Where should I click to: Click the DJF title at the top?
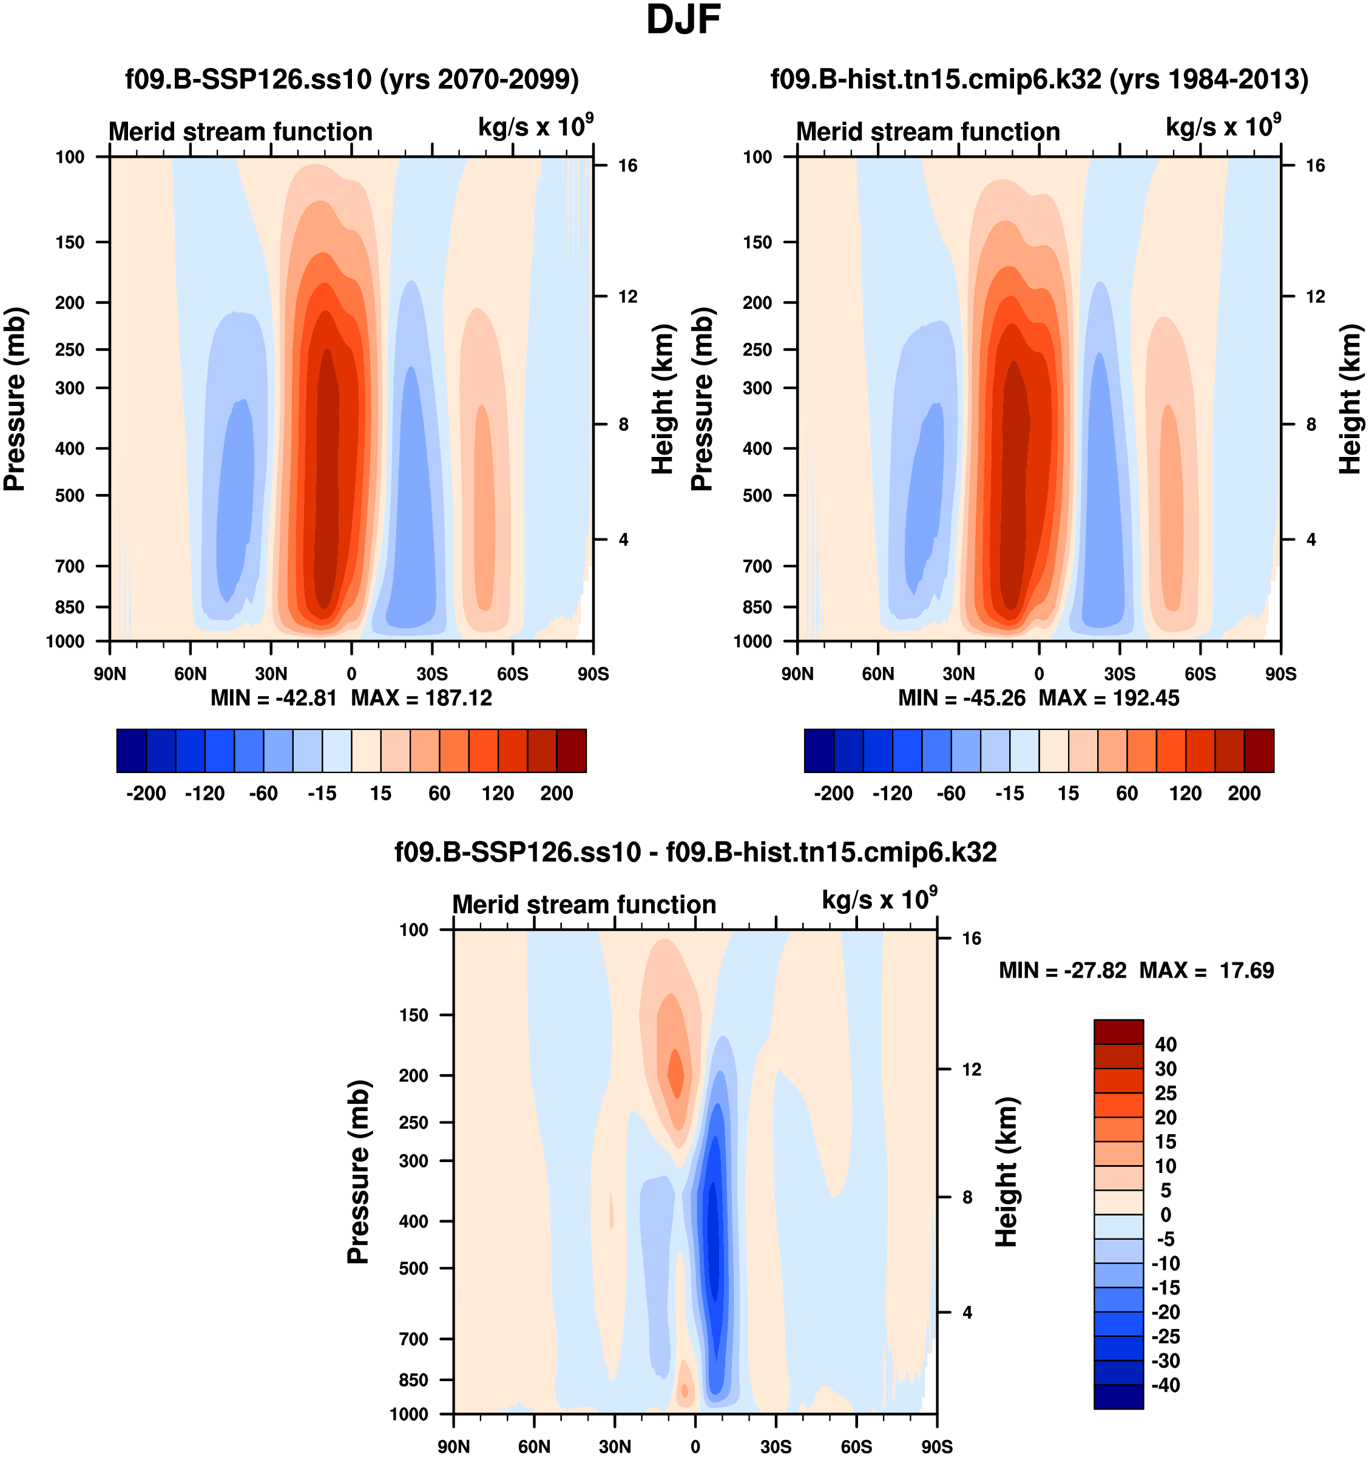point(683,21)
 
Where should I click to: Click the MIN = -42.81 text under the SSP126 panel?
point(273,698)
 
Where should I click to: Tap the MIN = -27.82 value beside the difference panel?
point(1062,970)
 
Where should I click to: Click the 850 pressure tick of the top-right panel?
point(757,607)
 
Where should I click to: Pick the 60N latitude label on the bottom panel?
point(533,1446)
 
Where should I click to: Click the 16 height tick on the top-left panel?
point(627,166)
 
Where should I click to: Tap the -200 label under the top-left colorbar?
point(146,793)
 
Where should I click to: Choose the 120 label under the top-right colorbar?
point(1185,793)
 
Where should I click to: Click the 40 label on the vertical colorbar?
point(1165,1044)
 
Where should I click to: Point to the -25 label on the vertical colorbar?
point(1165,1336)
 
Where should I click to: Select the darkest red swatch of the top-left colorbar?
point(571,751)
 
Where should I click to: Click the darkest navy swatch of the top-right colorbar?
point(819,751)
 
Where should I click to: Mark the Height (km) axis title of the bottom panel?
point(1007,1172)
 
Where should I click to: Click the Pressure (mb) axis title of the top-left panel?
point(15,399)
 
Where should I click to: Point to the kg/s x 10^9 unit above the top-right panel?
point(1222,126)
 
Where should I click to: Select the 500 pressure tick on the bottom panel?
point(413,1268)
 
